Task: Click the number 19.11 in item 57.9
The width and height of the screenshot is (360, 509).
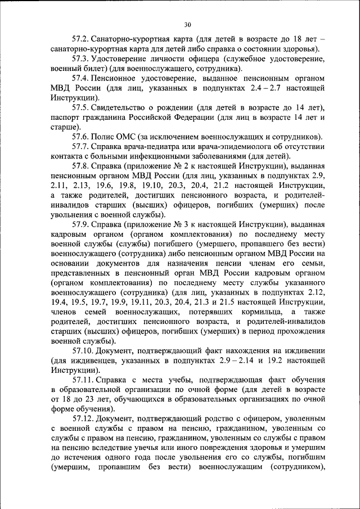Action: click(x=147, y=302)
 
